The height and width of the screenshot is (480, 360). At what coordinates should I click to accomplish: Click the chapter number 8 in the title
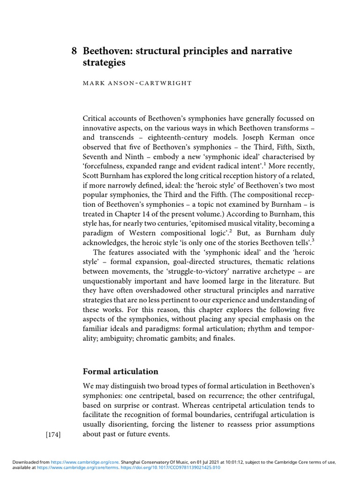[x=74, y=51]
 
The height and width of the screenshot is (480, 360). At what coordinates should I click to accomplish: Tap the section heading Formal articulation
[x=120, y=371]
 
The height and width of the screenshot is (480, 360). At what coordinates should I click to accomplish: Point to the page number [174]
[x=53, y=435]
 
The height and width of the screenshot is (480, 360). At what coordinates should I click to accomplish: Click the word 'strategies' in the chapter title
[x=105, y=62]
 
